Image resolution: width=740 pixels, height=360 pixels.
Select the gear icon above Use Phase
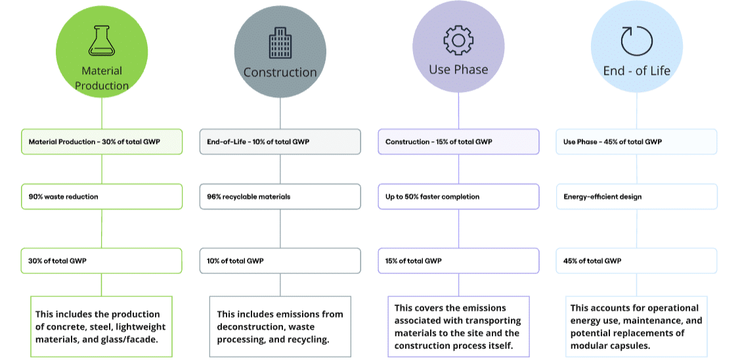458,41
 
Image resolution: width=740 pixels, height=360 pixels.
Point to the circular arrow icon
636,41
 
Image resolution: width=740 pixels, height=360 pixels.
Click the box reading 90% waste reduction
102,196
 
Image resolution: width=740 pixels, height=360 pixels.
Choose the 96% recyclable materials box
280,196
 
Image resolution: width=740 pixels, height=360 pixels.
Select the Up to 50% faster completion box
458,196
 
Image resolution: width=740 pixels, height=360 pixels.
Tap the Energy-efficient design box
637,196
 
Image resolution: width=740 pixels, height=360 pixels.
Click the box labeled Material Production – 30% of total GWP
102,142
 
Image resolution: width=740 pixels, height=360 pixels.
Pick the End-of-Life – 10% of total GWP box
280,142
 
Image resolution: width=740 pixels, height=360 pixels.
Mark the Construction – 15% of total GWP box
458,142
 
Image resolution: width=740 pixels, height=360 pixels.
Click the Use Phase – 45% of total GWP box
637,142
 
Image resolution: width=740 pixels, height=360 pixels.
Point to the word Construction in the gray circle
280,72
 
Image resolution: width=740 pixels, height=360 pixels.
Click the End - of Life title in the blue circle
637,71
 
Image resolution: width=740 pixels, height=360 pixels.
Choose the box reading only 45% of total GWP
637,261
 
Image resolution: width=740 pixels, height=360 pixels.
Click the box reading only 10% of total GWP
280,261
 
